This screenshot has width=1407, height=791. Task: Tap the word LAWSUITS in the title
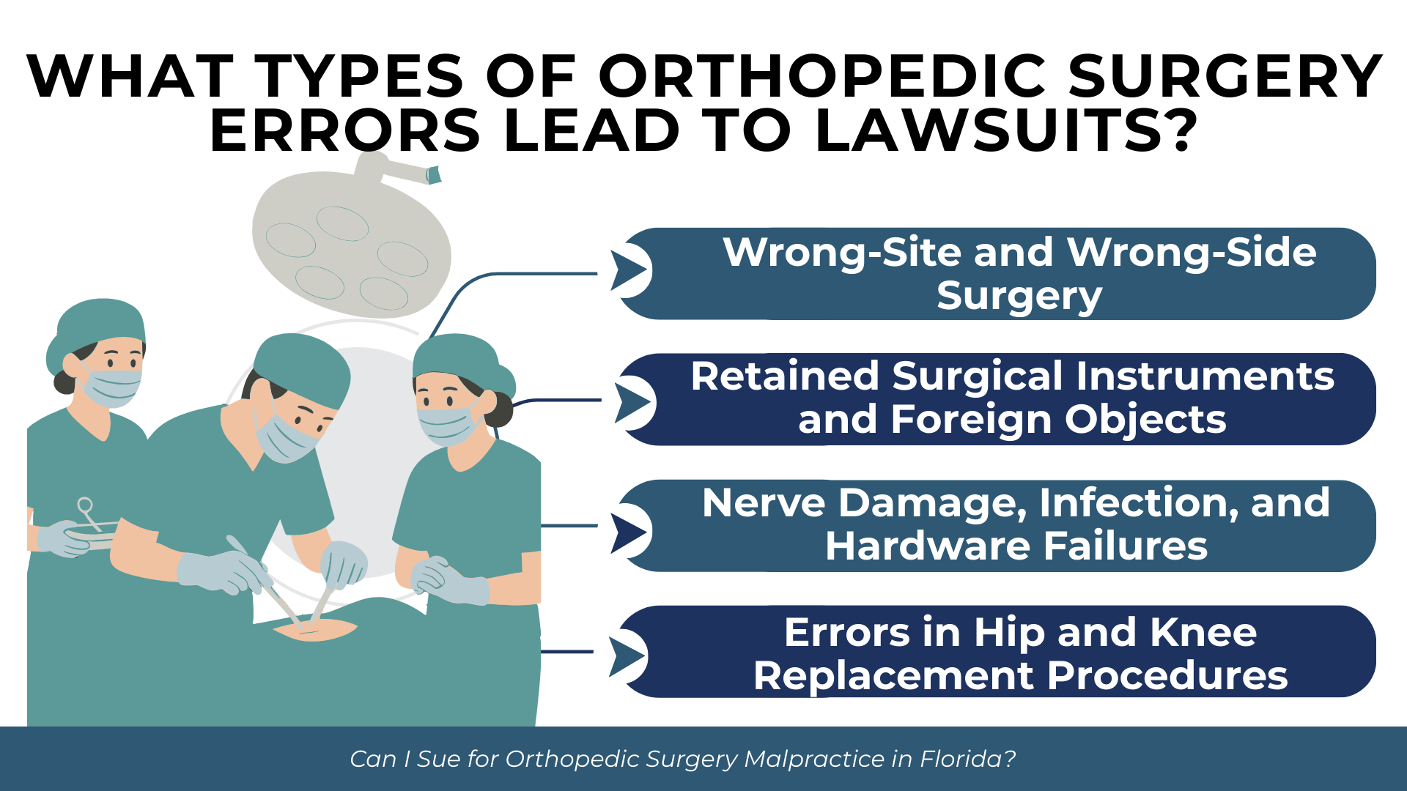pos(1004,132)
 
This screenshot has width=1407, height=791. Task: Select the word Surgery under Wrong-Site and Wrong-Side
pos(1019,296)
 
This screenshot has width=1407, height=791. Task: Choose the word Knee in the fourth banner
pos(1203,633)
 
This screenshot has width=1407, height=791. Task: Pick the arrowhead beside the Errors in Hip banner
pos(627,656)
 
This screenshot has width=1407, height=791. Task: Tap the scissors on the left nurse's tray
pos(89,513)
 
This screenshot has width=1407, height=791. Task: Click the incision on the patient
pos(315,629)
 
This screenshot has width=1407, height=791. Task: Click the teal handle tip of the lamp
pos(434,175)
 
